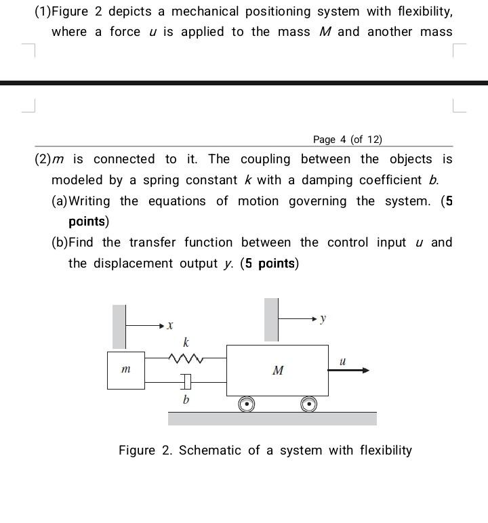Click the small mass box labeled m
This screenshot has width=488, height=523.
(125, 370)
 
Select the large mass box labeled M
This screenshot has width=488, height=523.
(277, 370)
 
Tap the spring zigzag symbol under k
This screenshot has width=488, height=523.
(185, 357)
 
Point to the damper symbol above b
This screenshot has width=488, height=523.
(186, 383)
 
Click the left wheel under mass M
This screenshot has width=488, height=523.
(246, 404)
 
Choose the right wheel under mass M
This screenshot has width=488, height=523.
(308, 404)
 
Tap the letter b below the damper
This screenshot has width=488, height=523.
(186, 400)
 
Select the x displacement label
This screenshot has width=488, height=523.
(170, 326)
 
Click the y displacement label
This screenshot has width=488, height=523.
(323, 318)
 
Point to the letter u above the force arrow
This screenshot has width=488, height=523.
(342, 361)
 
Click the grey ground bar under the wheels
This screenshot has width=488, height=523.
(272, 418)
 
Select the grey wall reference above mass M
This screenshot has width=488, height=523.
(271, 319)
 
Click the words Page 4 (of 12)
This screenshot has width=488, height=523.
(348, 140)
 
